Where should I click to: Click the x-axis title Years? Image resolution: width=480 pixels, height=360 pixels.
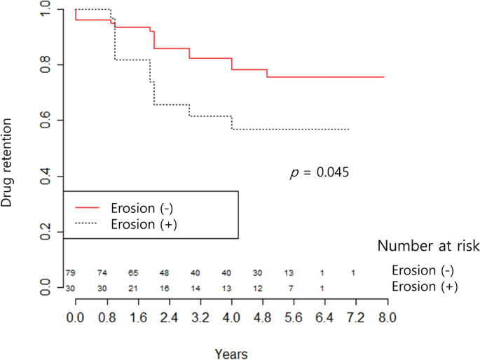click(x=231, y=354)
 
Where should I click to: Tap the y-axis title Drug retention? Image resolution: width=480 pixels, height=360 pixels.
click(x=8, y=162)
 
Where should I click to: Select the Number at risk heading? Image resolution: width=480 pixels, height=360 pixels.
click(x=428, y=246)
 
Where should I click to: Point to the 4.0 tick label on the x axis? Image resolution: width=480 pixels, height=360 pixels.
click(x=231, y=317)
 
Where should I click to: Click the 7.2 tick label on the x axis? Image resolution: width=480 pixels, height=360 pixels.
click(x=356, y=317)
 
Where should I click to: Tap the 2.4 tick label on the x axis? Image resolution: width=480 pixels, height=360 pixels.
click(x=168, y=317)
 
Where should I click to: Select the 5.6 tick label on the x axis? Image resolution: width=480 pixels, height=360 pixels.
click(x=294, y=317)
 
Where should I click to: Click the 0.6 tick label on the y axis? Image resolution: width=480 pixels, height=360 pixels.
click(x=46, y=120)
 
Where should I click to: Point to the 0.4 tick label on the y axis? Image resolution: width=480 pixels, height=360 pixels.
click(x=46, y=176)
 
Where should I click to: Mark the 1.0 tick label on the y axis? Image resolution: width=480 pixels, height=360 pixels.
click(x=46, y=9)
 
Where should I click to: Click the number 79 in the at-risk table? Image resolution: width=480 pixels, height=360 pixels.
click(x=70, y=272)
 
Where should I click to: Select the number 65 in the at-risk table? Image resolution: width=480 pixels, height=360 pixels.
click(x=133, y=272)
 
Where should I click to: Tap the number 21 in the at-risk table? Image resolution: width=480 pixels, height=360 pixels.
click(x=133, y=288)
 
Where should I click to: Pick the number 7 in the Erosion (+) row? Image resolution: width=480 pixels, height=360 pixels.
click(x=290, y=288)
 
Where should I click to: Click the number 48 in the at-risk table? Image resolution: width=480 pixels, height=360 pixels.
click(x=165, y=272)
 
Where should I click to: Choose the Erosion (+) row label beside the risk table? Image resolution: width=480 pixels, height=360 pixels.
click(x=424, y=286)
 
